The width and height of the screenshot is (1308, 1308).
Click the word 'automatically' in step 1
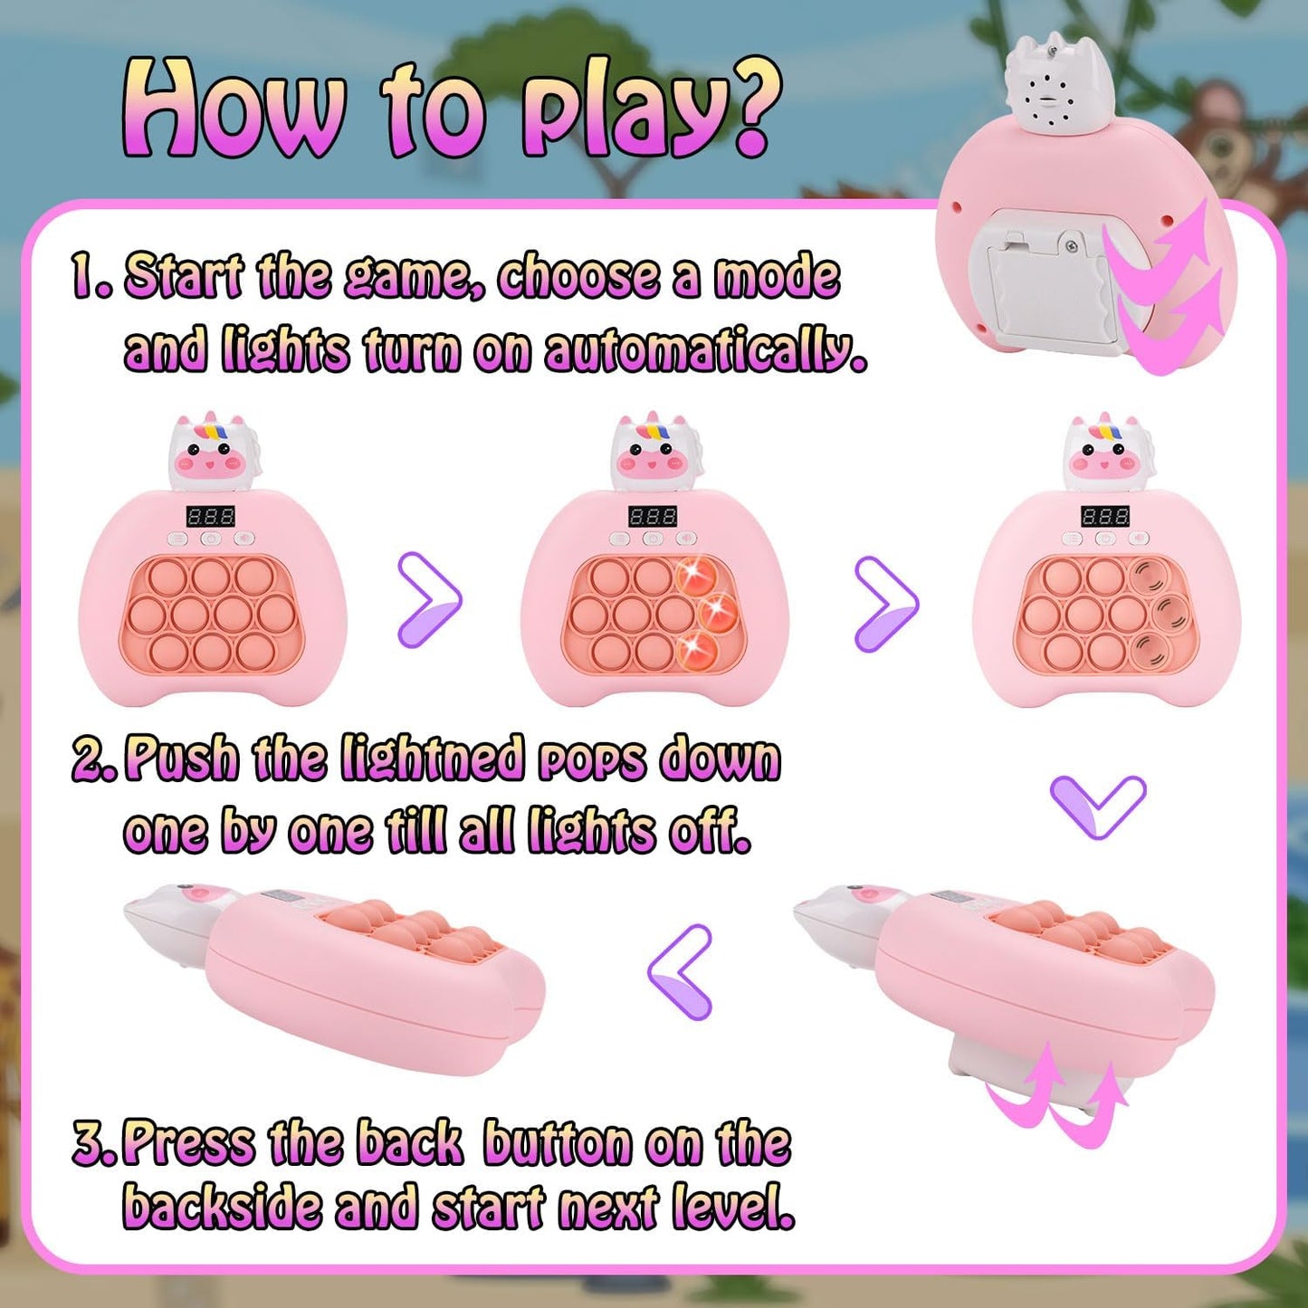pyautogui.click(x=707, y=354)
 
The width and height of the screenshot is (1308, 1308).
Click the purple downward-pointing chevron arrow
pyautogui.click(x=1098, y=807)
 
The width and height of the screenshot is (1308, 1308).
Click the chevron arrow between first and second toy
pyautogui.click(x=430, y=600)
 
